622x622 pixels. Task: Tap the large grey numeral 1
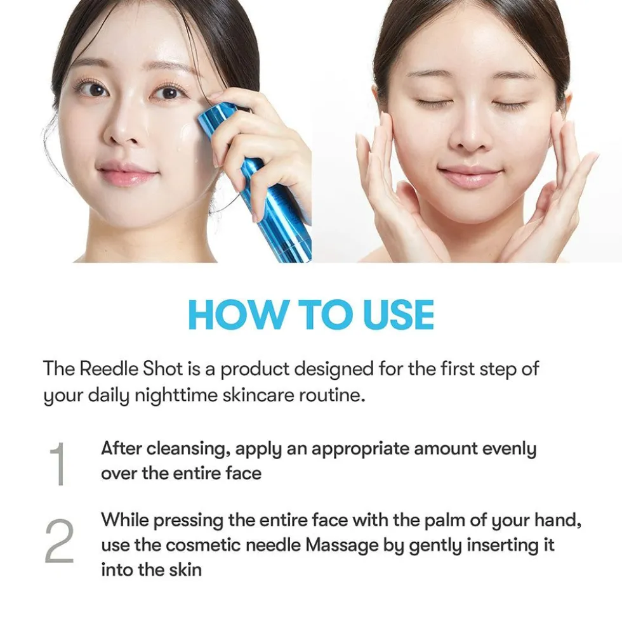(x=58, y=463)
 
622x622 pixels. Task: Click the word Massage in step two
(x=341, y=545)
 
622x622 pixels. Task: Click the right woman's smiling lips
(x=469, y=175)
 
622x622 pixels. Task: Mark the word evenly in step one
(x=509, y=450)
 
